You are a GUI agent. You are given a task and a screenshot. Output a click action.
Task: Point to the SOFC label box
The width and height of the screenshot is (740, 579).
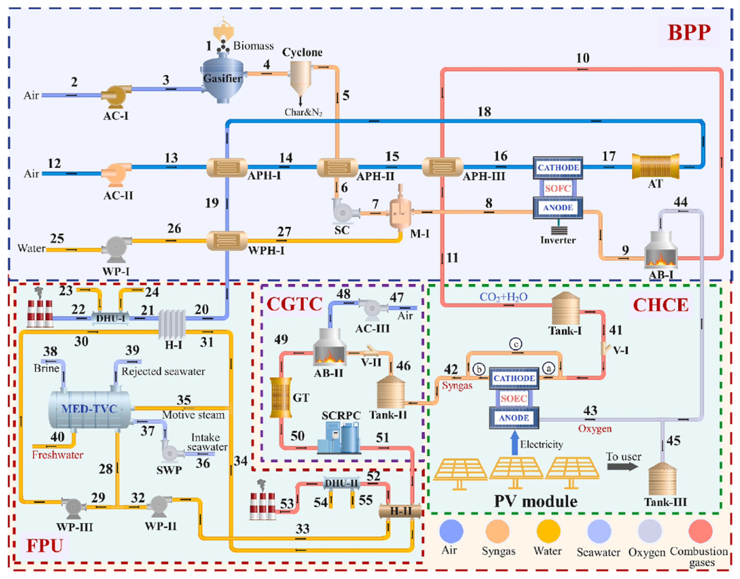pyautogui.click(x=558, y=188)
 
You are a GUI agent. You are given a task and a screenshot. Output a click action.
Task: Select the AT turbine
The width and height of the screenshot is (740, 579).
pyautogui.click(x=655, y=166)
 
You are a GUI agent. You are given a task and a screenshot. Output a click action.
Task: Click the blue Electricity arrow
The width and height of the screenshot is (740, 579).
pyautogui.click(x=514, y=442)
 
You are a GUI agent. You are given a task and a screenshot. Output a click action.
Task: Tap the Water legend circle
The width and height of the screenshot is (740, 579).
pyautogui.click(x=548, y=531)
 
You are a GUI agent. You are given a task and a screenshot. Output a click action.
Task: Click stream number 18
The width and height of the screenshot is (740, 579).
pyautogui.click(x=484, y=112)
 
